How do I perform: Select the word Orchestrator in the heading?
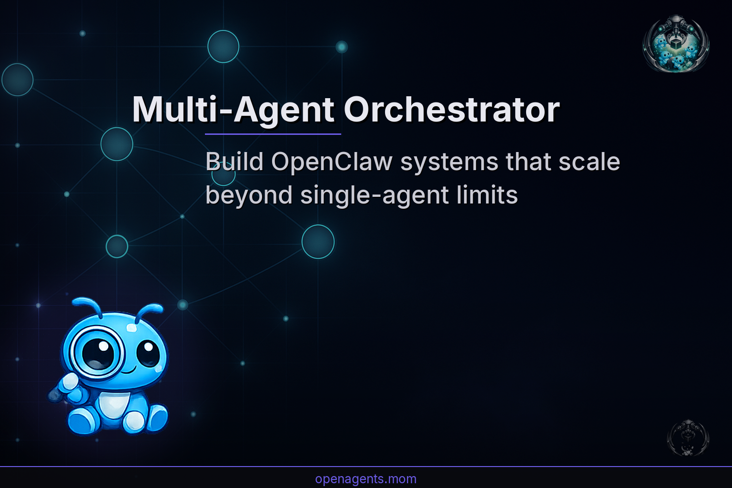(452, 110)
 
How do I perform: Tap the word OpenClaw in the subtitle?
(332, 162)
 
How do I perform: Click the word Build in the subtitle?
(234, 162)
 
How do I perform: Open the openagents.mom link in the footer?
(366, 479)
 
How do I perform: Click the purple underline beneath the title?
(273, 134)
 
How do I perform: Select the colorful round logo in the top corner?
(676, 44)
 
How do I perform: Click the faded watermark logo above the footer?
(688, 437)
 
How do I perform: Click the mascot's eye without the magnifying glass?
(148, 353)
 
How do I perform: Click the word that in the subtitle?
(529, 162)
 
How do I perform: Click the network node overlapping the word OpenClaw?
(223, 174)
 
